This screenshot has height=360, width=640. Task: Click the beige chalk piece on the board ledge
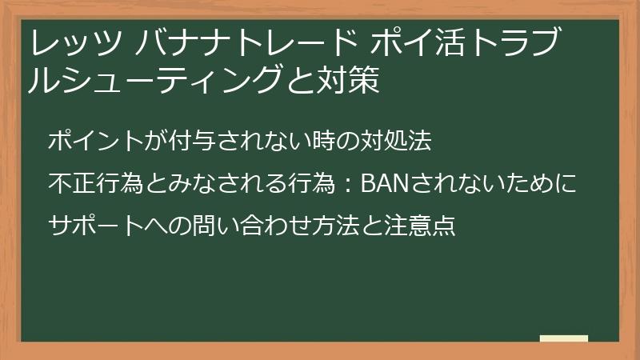[563, 338]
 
